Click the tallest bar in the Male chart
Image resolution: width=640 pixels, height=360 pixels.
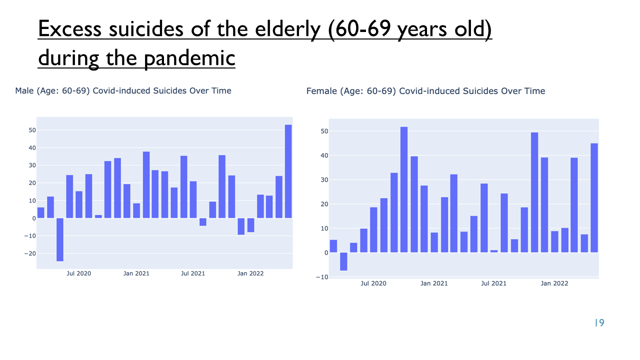[288, 171]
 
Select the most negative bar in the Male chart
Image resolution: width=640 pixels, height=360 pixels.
[60, 239]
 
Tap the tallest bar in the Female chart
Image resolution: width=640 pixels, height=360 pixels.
[404, 189]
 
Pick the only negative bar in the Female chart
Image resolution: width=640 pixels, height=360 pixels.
[343, 261]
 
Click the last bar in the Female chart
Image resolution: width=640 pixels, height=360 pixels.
[594, 198]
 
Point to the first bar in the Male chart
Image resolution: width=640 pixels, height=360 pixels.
[41, 213]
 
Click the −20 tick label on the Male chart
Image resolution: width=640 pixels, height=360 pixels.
[30, 253]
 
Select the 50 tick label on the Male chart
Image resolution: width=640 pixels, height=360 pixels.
[32, 130]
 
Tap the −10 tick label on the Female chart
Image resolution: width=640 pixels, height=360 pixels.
[322, 277]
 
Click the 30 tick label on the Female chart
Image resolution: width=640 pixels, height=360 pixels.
[324, 180]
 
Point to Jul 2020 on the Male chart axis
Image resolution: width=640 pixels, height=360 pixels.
[79, 273]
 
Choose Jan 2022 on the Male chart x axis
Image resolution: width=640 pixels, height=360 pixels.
[250, 273]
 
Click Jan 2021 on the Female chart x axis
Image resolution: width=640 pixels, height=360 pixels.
[434, 283]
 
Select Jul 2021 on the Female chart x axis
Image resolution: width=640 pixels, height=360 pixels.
[493, 283]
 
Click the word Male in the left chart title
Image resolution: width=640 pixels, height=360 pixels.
[24, 91]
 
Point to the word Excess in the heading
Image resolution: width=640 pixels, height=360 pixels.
[69, 29]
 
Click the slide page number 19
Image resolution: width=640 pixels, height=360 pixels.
[599, 323]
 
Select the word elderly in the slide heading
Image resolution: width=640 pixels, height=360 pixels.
[288, 29]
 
